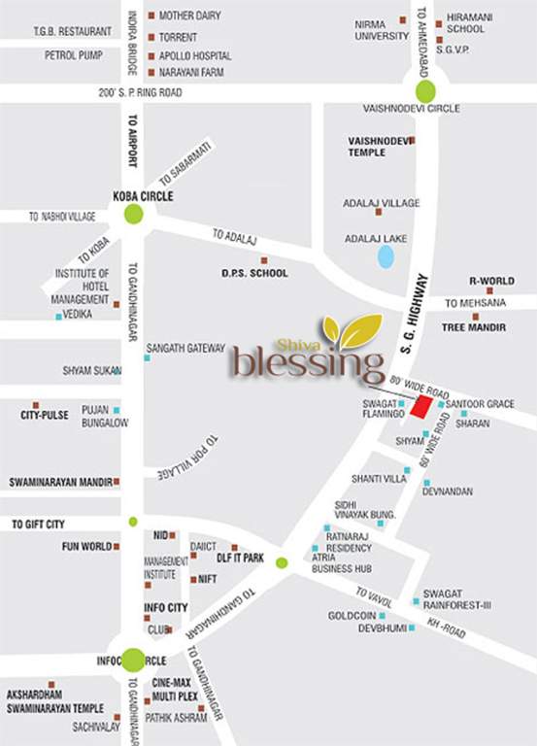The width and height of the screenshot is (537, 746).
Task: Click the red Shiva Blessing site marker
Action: tap(420, 406)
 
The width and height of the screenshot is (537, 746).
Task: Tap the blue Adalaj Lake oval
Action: tap(386, 256)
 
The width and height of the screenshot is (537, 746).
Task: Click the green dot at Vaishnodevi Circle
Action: tap(425, 92)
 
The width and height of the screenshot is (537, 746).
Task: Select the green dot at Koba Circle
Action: tap(134, 214)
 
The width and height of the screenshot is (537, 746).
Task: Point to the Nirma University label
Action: tap(382, 29)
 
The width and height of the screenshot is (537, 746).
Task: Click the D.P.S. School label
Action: tap(254, 273)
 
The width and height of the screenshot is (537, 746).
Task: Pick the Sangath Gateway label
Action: tap(185, 348)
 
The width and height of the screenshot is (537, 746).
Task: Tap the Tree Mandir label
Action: tap(473, 327)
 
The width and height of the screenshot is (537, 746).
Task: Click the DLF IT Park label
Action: tap(240, 558)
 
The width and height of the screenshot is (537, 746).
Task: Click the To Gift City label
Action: tap(38, 525)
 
